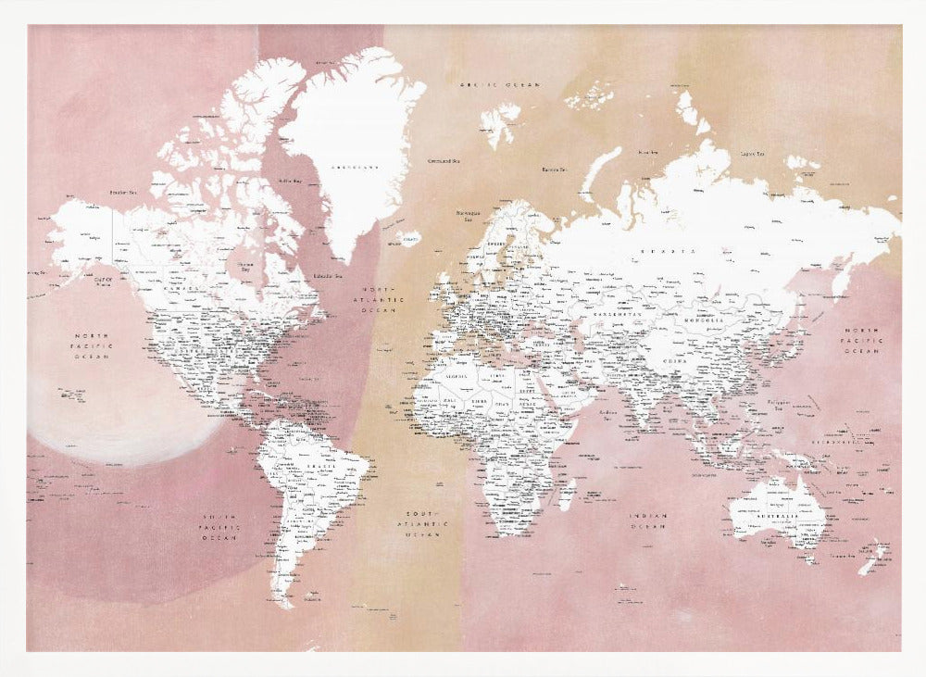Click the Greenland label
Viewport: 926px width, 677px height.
point(354,168)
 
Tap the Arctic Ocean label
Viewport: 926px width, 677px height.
point(499,84)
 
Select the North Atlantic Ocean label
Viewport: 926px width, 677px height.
point(382,299)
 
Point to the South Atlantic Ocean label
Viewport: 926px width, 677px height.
point(422,523)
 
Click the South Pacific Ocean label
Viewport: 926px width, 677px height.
point(221,525)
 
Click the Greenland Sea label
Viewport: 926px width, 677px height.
point(445,160)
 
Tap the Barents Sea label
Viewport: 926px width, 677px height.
point(554,169)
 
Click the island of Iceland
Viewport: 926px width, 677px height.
point(405,239)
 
